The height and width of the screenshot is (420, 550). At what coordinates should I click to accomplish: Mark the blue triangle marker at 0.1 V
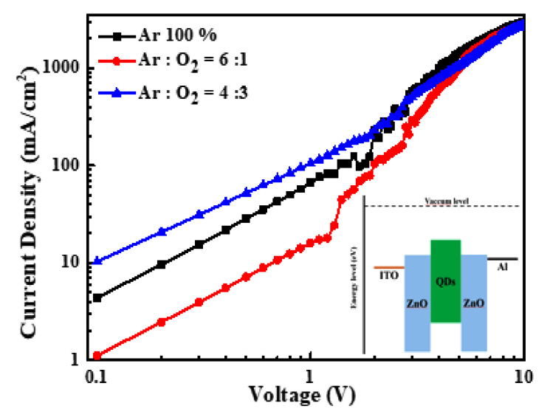tap(97, 261)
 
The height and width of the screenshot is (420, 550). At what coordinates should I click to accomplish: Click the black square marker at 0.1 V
tap(97, 298)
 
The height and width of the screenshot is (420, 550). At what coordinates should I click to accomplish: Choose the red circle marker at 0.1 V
tap(97, 356)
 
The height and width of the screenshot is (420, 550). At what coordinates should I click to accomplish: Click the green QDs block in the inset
tap(445, 281)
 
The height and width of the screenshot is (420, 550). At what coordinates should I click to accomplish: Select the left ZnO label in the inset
tap(416, 303)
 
